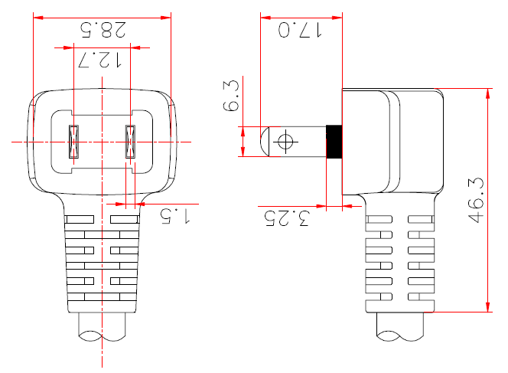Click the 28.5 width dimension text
pyautogui.click(x=103, y=31)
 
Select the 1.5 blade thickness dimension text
pyautogui.click(x=174, y=216)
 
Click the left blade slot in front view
pyautogui.click(x=73, y=142)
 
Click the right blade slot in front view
pyautogui.click(x=130, y=142)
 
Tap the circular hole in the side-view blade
pyautogui.click(x=287, y=142)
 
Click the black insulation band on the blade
pyautogui.click(x=334, y=142)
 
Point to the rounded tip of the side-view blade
pyautogui.click(x=265, y=142)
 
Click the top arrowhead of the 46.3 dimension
pyautogui.click(x=488, y=93)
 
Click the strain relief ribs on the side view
pyautogui.click(x=400, y=260)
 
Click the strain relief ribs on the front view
pyautogui.click(x=102, y=260)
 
